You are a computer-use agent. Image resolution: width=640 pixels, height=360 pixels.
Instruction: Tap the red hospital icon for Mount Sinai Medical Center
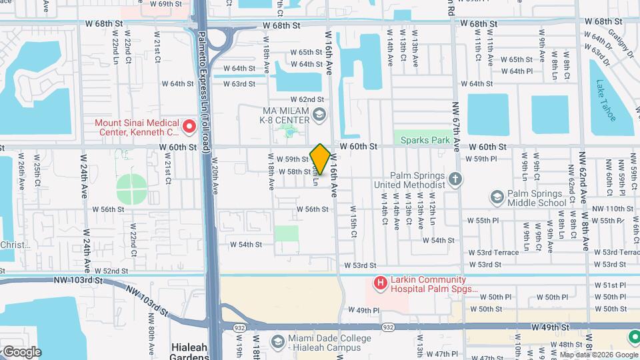[x=189, y=125]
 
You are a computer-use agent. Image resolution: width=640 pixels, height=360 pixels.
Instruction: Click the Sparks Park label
[x=422, y=140]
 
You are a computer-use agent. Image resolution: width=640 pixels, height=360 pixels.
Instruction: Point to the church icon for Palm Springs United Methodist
[x=455, y=179]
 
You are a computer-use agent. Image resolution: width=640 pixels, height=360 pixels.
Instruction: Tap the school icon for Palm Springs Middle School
[x=496, y=197]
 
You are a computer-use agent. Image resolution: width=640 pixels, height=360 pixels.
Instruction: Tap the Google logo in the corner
[x=21, y=352]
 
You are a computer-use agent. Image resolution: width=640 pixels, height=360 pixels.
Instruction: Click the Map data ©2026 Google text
[x=598, y=355]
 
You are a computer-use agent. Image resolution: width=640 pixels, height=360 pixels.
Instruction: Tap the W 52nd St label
[x=111, y=271]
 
